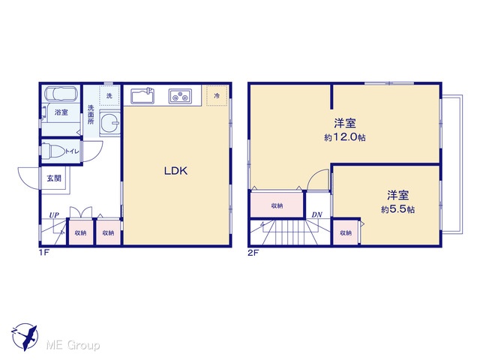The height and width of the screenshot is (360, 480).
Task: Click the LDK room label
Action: click(x=175, y=171)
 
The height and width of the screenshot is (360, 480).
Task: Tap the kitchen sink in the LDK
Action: click(x=142, y=96)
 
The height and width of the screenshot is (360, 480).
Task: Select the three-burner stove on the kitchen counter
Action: click(x=180, y=97)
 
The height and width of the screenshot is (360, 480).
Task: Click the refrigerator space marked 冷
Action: click(x=217, y=96)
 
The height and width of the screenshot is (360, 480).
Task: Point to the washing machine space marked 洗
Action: click(x=109, y=96)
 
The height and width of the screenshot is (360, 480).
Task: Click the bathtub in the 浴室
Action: click(x=60, y=93)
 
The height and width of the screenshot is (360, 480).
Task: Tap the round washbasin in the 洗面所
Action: click(x=109, y=123)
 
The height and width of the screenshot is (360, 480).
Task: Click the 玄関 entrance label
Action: click(x=54, y=178)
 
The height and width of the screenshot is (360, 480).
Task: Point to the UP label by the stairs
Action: click(x=54, y=215)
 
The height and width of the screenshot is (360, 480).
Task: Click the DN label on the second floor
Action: click(x=316, y=215)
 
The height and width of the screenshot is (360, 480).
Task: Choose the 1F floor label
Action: click(x=44, y=253)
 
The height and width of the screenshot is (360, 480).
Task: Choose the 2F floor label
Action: click(x=253, y=253)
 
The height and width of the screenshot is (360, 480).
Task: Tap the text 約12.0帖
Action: click(x=345, y=137)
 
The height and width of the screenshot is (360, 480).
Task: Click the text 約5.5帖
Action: click(x=398, y=209)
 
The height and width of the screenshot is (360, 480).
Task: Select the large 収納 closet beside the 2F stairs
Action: click(x=277, y=205)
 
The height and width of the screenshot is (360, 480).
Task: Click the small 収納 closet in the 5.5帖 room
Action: click(x=346, y=232)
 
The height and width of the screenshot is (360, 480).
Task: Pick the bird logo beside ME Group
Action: click(x=25, y=337)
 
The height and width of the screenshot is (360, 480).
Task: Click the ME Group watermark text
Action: click(x=73, y=346)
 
